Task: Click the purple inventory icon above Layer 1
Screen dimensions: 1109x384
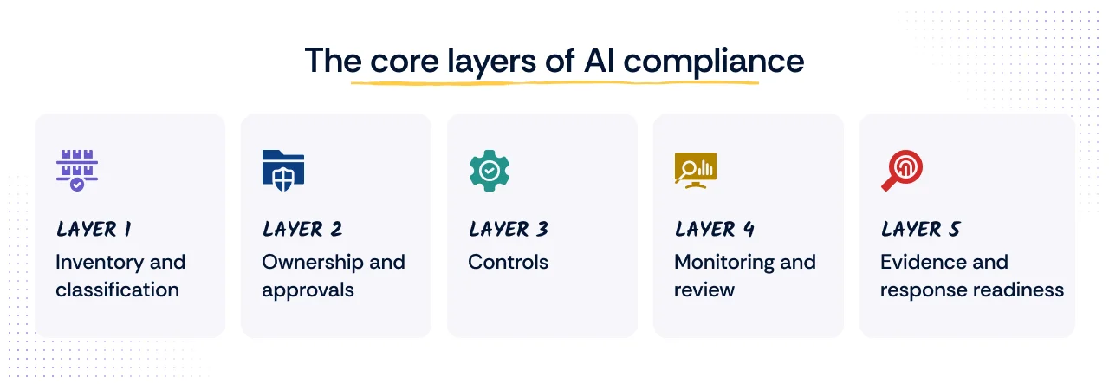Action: click(76, 170)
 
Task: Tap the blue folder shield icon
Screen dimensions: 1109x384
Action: click(283, 168)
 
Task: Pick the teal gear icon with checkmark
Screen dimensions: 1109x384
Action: click(490, 170)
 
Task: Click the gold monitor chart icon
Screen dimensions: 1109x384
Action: click(695, 170)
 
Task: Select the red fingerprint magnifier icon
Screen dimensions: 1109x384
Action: click(902, 170)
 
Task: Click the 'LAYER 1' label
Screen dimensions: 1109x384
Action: click(94, 229)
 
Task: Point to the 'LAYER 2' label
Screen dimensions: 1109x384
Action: click(302, 229)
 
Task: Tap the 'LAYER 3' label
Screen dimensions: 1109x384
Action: click(508, 229)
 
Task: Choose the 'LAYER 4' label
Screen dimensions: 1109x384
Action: click(714, 229)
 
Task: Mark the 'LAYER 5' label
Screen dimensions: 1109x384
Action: click(920, 229)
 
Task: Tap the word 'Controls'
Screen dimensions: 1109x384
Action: click(508, 262)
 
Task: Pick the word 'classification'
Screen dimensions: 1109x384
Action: click(117, 290)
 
